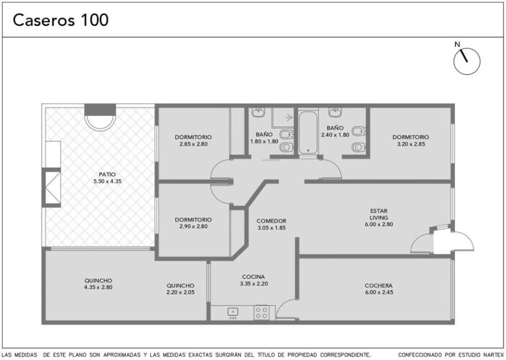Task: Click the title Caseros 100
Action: click(x=61, y=20)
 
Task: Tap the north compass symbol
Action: click(x=466, y=61)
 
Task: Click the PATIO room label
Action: click(x=107, y=174)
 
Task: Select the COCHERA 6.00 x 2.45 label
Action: click(x=378, y=289)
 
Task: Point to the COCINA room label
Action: click(x=254, y=277)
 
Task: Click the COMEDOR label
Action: click(x=271, y=221)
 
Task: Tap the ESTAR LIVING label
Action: click(x=379, y=214)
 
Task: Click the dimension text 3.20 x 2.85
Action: click(x=411, y=144)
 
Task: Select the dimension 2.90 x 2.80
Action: click(x=193, y=227)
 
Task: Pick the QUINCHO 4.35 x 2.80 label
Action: click(x=98, y=284)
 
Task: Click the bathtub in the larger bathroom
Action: click(x=308, y=133)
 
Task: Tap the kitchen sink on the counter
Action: click(x=233, y=312)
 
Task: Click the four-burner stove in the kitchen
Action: click(x=261, y=313)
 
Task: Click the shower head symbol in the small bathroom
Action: click(x=289, y=118)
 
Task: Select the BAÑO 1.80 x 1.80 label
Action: click(x=265, y=138)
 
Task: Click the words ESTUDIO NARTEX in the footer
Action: click(x=476, y=355)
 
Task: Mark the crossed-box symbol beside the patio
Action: click(x=53, y=188)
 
